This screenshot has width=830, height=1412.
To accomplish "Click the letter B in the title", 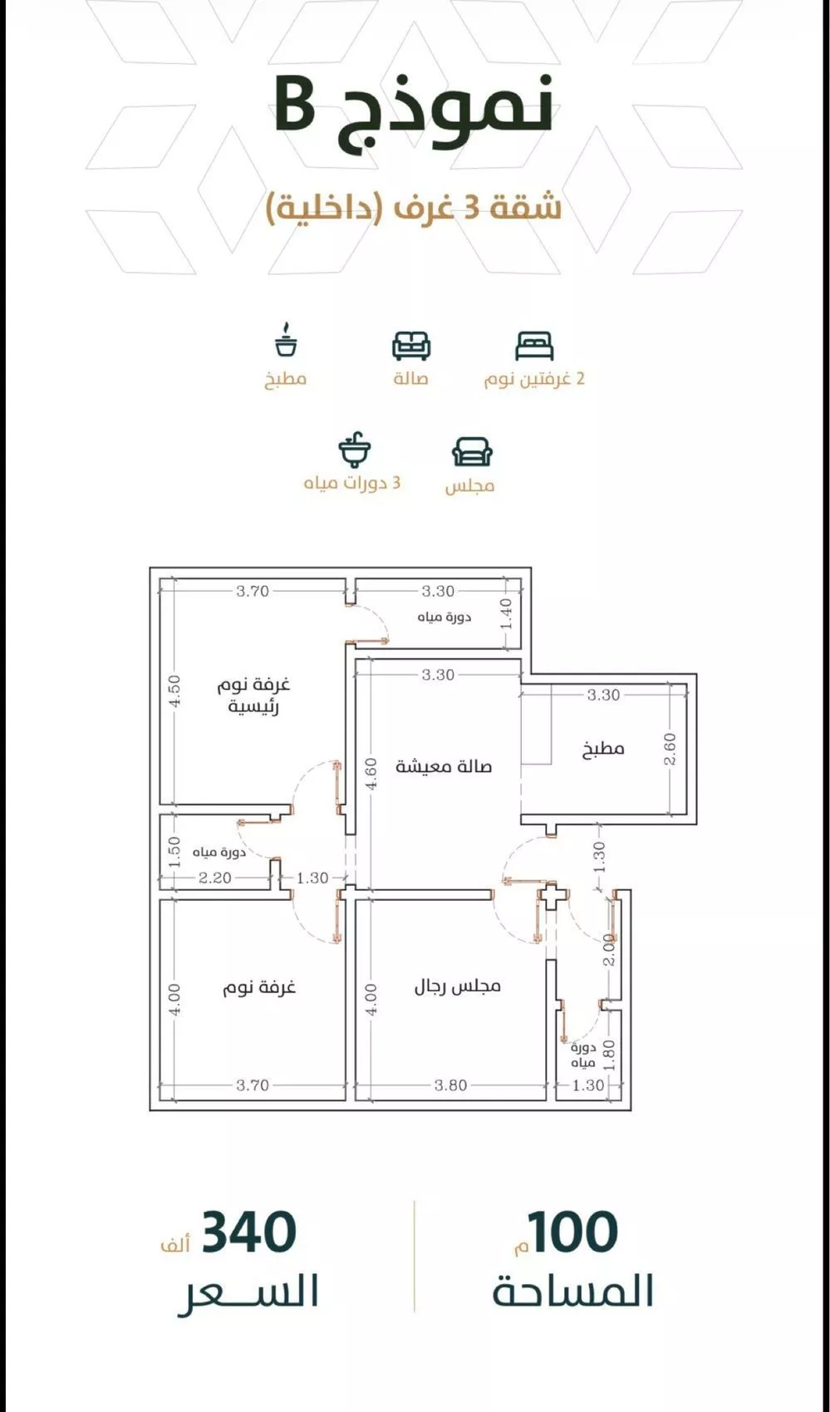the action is pos(293,106).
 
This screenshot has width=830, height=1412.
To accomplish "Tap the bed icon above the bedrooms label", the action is pos(533,346).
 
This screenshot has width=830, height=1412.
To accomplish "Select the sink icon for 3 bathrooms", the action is pos(355,450).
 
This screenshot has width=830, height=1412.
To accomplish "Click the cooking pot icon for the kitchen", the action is pos(286,341).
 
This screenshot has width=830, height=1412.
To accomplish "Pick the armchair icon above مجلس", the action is pos(472,452).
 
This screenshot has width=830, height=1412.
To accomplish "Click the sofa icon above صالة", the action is pos(411,346).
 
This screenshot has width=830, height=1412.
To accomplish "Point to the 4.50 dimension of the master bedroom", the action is pos(175,691).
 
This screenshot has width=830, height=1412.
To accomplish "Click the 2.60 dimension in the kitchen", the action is pos(670,748).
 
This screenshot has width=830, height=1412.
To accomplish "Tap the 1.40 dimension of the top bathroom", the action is pos(506,614).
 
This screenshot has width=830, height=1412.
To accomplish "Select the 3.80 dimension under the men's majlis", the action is pos(450,1085).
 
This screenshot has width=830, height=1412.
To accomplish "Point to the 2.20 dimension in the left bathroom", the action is pos(215,878).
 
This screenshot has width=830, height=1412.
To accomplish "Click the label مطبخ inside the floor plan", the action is pos(603,749).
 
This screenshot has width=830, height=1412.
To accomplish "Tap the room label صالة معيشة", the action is pos(444,766).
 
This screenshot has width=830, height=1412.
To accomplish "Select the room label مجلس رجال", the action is pos(458,986).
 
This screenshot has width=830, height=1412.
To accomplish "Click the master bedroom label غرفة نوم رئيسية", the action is pos(254,696).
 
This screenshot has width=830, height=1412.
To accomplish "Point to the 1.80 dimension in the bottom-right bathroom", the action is pos(609,1055).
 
